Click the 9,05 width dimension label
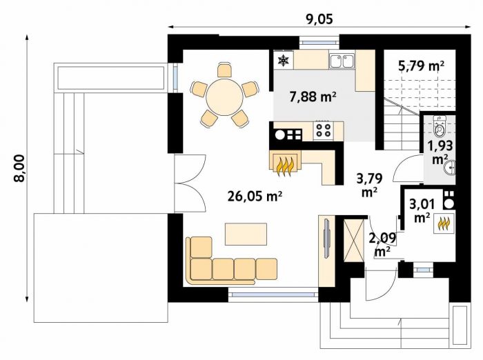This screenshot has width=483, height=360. coord(319,20)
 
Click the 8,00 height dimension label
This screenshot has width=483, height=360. coord(20,168)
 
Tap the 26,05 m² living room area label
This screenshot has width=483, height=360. coord(255,196)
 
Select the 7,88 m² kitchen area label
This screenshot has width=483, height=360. coord(313,97)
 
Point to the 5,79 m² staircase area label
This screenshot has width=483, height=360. coord(421,66)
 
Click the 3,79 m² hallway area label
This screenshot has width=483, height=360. coord(370,184)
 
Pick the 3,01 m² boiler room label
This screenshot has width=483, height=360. coord(422,210)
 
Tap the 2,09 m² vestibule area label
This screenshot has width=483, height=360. coord(382,244)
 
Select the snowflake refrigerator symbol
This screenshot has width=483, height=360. coord(283,61)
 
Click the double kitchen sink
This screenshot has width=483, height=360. coord(342,61)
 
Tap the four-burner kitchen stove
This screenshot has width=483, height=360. coord(323,130)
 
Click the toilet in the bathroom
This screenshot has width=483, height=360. coord(440,126)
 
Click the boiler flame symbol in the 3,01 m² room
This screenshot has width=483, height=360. coord(444,223)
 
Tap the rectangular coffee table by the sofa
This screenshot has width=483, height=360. coord(246,234)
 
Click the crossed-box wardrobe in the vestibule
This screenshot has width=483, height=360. coord(354,240)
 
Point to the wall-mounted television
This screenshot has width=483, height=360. coord(326,238)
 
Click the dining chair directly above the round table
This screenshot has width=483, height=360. coord(224,70)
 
